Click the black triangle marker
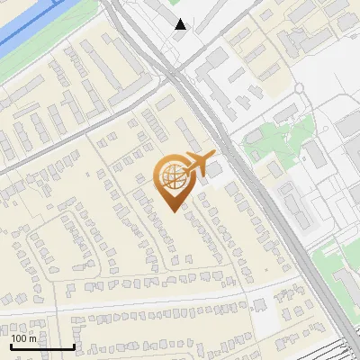pyautogui.click(x=181, y=24)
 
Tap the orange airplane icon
pyautogui.click(x=201, y=164)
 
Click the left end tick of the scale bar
pyautogui.click(x=12, y=346)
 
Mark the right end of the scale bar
pyautogui.click(x=74, y=346)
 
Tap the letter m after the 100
pyautogui.click(x=32, y=338)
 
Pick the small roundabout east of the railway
pyautogui.click(x=298, y=88)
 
